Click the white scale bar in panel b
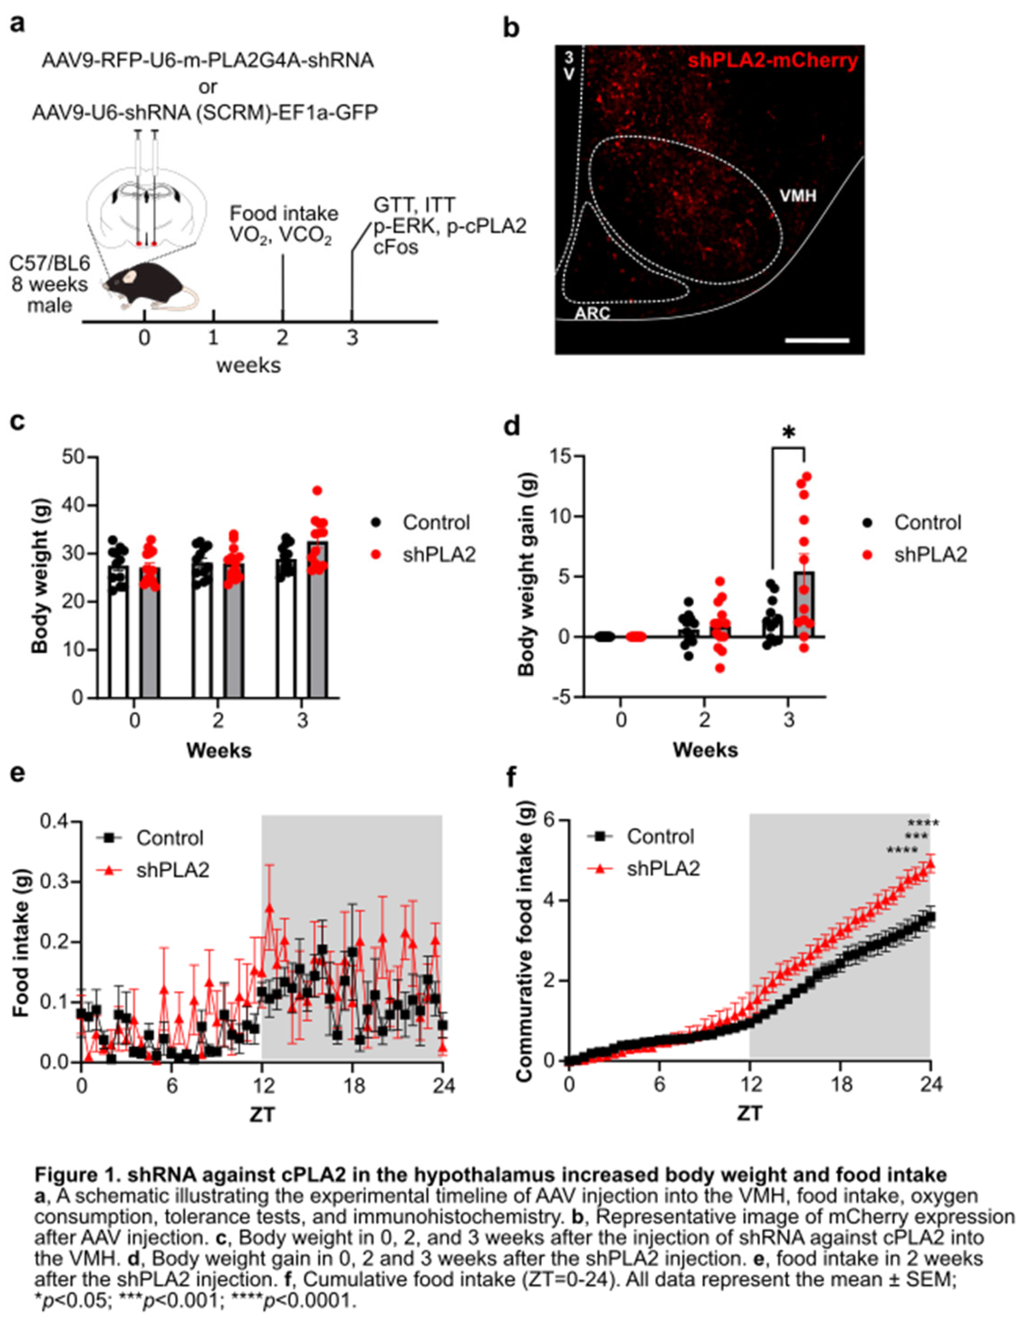817,340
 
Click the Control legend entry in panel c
436,522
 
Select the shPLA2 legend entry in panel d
930,554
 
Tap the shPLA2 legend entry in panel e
173,870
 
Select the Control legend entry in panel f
660,837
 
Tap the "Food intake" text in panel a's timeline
284,214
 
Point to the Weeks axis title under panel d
705,751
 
